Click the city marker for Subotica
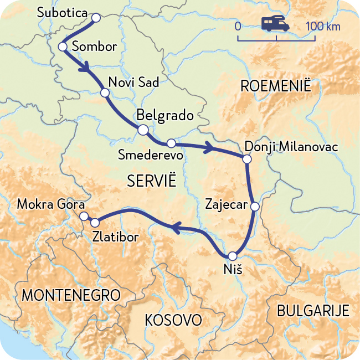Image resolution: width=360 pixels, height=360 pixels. coord(95,18)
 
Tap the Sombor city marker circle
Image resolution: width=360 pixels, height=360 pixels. coord(63,47)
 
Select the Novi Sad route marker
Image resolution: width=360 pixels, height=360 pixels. coord(104,92)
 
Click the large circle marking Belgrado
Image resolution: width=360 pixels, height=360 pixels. coord(142,130)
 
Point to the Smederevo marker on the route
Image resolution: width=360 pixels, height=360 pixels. coord(171,142)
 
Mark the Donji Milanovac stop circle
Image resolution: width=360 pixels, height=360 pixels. coord(247,160)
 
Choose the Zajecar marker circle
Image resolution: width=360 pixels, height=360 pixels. coord(255,207)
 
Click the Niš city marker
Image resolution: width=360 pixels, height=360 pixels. coord(232,256)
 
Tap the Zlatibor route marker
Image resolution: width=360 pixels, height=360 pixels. coord(95,223)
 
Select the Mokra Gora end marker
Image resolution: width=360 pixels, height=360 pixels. coord(84,215)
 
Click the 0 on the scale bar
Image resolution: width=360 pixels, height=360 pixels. coord(238,26)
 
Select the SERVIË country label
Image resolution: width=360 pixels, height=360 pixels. coord(151,181)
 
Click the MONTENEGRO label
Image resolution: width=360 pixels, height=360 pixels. coord(70,295)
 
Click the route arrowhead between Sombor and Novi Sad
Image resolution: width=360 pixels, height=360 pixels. coord(85,69)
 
